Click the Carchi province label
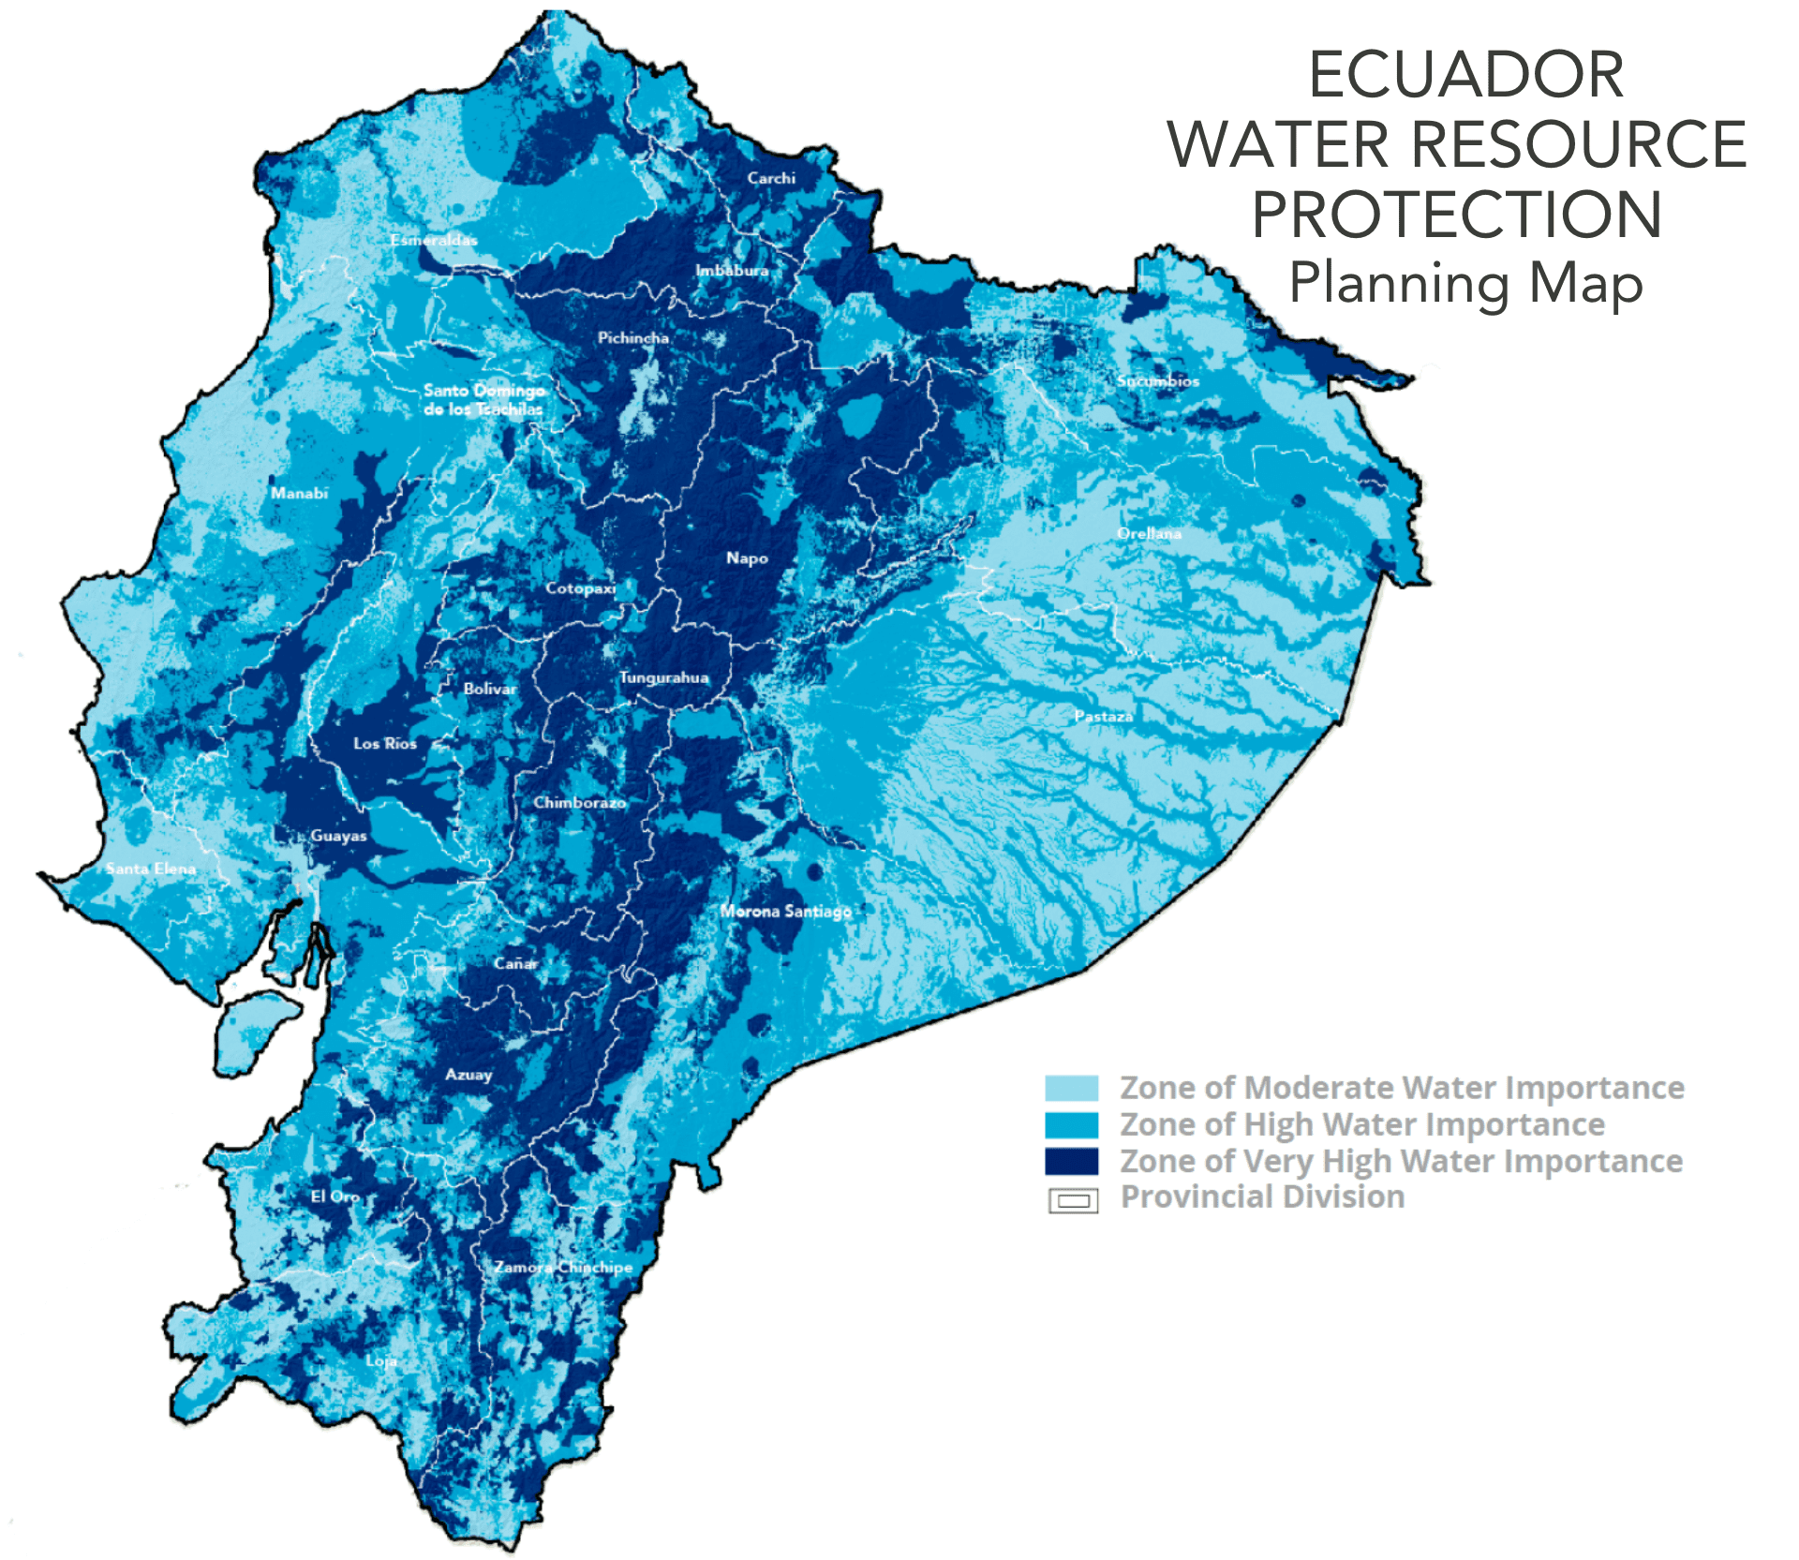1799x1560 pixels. point(771,178)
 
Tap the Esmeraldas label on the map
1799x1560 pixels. point(434,240)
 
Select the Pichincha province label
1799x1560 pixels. point(633,337)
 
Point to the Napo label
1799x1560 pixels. point(747,558)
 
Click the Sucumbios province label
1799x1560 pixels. point(1157,380)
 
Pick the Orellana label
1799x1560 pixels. point(1149,533)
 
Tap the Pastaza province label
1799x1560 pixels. point(1103,716)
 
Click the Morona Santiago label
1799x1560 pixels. point(785,911)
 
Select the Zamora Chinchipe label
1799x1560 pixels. point(563,1267)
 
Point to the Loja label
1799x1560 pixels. point(381,1360)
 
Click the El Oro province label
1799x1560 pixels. point(335,1196)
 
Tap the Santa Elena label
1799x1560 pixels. point(151,869)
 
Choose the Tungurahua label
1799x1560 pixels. point(663,677)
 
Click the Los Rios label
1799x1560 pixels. point(385,743)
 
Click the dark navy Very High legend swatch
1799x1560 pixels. point(1071,1161)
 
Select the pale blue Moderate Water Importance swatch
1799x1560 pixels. point(1071,1088)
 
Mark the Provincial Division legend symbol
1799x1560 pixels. point(1073,1200)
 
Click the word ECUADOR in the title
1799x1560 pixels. point(1465,75)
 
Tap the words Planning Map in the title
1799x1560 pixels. point(1465,283)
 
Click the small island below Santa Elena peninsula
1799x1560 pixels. point(251,1031)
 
